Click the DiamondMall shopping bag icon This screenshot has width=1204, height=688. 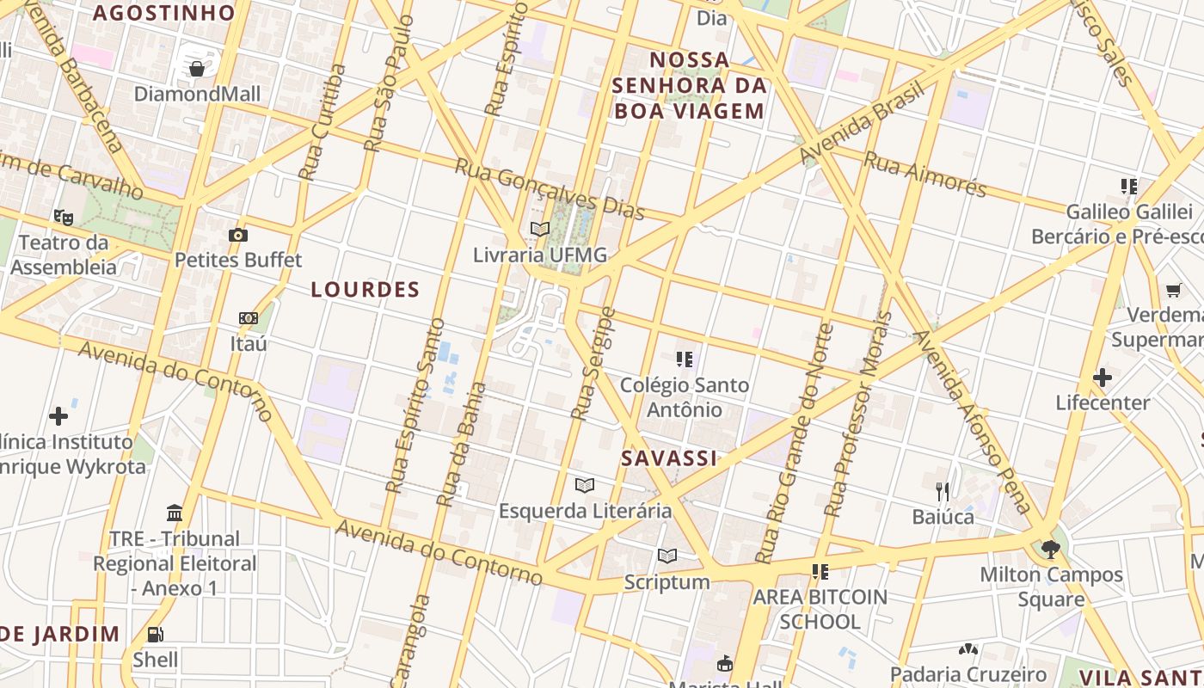197,68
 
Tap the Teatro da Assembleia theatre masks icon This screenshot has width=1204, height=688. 63,217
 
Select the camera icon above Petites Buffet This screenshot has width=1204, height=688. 238,235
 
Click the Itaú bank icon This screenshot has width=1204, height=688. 249,318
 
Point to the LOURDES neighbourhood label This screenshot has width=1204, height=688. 365,290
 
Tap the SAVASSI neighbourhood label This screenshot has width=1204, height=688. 669,458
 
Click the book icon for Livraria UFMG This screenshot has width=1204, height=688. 540,229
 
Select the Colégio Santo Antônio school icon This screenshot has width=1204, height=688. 685,359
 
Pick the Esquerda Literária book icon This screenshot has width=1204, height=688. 585,485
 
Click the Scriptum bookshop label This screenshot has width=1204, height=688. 667,582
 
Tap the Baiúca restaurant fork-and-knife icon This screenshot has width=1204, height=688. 943,491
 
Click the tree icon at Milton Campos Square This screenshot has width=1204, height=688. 1050,549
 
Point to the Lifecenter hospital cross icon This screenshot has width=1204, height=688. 1103,377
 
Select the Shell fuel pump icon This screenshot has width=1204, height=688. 156,635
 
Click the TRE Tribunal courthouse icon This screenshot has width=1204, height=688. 175,513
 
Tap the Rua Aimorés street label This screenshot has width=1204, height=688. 924,175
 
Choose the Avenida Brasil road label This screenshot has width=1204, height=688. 862,122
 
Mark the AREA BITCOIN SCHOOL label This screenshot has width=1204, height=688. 820,609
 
